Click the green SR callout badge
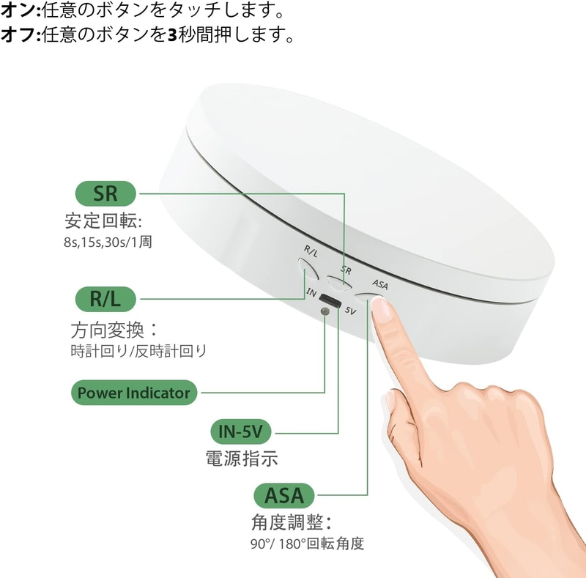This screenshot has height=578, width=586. [105, 193]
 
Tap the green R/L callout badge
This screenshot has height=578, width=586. [105, 299]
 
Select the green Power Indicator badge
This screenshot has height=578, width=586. [134, 393]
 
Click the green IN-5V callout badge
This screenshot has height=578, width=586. [241, 431]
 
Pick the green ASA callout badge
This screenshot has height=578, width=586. [283, 496]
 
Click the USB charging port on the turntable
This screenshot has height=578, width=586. [330, 300]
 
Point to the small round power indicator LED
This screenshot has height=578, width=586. [324, 311]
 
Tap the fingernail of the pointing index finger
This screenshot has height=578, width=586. [382, 310]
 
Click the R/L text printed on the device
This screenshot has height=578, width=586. [311, 251]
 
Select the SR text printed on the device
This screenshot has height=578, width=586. [346, 270]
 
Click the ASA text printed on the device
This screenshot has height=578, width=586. [380, 284]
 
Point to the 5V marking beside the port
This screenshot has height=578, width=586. [350, 311]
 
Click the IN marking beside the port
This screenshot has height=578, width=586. [311, 292]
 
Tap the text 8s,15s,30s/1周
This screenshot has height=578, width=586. [108, 242]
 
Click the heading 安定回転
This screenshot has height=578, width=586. [103, 221]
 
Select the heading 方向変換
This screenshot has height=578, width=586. [114, 330]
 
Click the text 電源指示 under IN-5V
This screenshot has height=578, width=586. [242, 459]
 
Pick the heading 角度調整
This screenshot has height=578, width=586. [291, 522]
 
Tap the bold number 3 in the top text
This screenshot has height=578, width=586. [172, 34]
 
